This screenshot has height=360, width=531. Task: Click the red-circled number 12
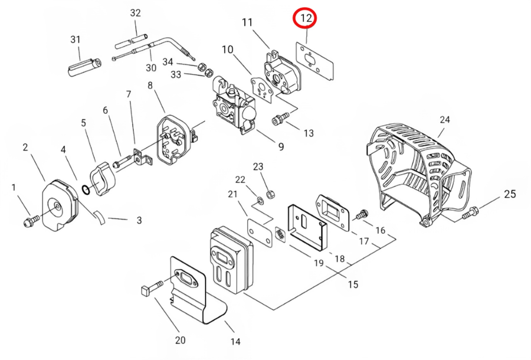point(306,18)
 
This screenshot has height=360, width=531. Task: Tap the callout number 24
point(445,120)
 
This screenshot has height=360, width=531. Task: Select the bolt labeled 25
point(470,212)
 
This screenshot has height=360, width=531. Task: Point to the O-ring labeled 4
point(86,190)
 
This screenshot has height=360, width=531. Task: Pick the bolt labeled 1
point(31,221)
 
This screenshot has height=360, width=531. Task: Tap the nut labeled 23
point(270,194)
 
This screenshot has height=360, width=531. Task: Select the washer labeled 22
point(260,201)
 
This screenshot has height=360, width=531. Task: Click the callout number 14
point(235,341)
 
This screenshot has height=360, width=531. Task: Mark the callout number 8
point(150,85)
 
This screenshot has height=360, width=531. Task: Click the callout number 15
point(353,284)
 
